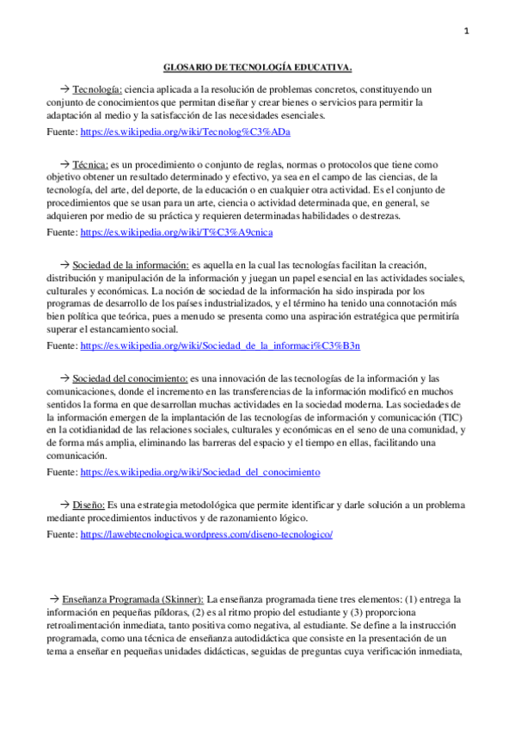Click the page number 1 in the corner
click(467, 32)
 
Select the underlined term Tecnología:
click(98, 89)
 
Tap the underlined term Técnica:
click(90, 164)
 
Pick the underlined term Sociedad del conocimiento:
click(130, 378)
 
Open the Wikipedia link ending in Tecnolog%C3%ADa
click(185, 132)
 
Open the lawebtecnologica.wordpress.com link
click(206, 534)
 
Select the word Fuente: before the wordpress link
click(61, 534)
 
